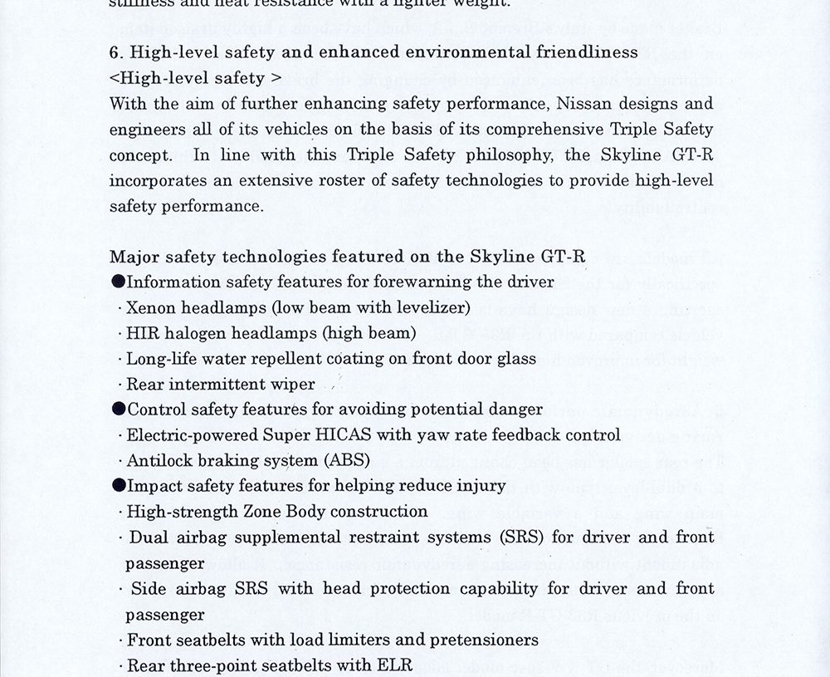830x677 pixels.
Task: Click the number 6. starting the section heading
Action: coord(117,52)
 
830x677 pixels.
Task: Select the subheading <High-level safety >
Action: coord(195,78)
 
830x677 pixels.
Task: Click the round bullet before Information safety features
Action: coord(118,282)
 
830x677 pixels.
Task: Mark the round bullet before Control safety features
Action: coord(118,410)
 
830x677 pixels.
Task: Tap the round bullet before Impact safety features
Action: coord(118,486)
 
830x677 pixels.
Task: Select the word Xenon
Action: coord(149,307)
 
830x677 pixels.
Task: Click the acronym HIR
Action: coord(140,333)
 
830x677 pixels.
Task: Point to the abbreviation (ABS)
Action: coord(347,460)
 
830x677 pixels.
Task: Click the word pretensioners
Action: coord(484,640)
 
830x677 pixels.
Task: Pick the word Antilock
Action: coord(159,460)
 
